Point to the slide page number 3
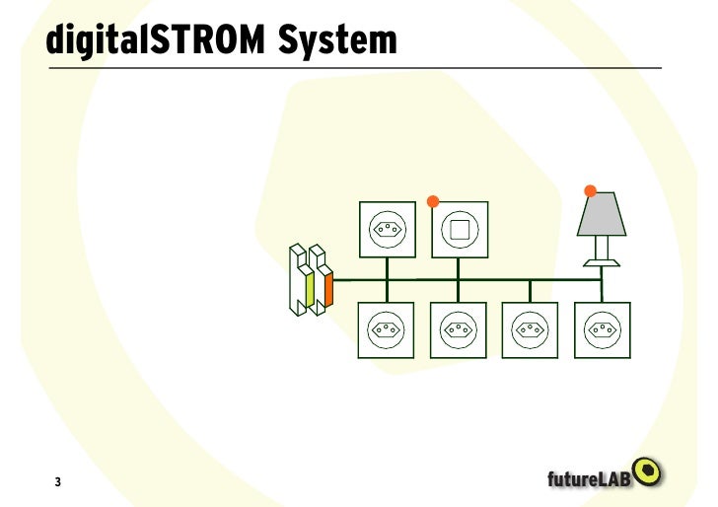tap(57, 482)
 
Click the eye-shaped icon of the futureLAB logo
tap(648, 471)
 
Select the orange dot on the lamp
tap(591, 190)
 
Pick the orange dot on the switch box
tap(432, 201)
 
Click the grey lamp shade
tap(601, 217)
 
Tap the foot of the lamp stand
tap(601, 262)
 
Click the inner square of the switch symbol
tap(459, 231)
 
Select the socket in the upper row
tap(387, 231)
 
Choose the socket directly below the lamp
tap(601, 330)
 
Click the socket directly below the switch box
tap(459, 330)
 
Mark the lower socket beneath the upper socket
tap(387, 330)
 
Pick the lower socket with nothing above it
tap(530, 330)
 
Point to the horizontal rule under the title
tap(355, 68)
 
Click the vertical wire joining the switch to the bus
tap(459, 269)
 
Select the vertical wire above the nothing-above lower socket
tap(530, 291)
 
